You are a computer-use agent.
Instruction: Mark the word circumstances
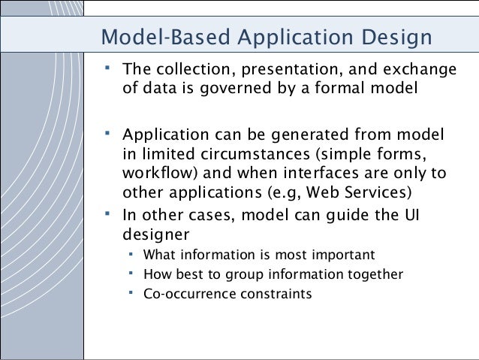[x=255, y=155]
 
